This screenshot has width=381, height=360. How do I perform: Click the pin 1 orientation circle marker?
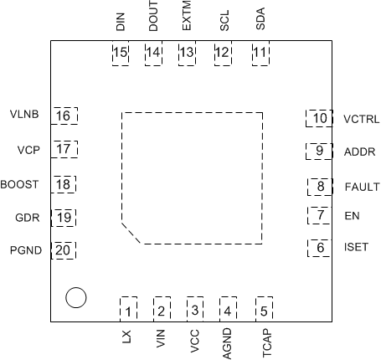point(75,296)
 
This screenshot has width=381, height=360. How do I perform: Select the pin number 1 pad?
point(128,311)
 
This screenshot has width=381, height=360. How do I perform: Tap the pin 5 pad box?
point(265,311)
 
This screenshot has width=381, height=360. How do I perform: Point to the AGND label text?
point(227,343)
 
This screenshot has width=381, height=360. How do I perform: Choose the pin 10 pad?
point(319,118)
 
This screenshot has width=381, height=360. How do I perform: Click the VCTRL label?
point(362,119)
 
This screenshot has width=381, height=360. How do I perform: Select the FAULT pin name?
point(362,187)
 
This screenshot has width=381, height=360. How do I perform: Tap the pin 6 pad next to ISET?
point(319,248)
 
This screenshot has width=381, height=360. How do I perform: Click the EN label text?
point(352,216)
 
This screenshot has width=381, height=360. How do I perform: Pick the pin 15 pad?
point(121,54)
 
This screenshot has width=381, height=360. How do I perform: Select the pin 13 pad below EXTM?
point(186,54)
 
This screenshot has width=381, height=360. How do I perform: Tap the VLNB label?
point(23,115)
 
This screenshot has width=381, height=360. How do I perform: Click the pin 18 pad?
point(64,184)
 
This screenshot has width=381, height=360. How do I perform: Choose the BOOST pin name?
point(18,184)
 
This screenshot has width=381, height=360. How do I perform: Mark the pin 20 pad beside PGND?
point(64,249)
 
